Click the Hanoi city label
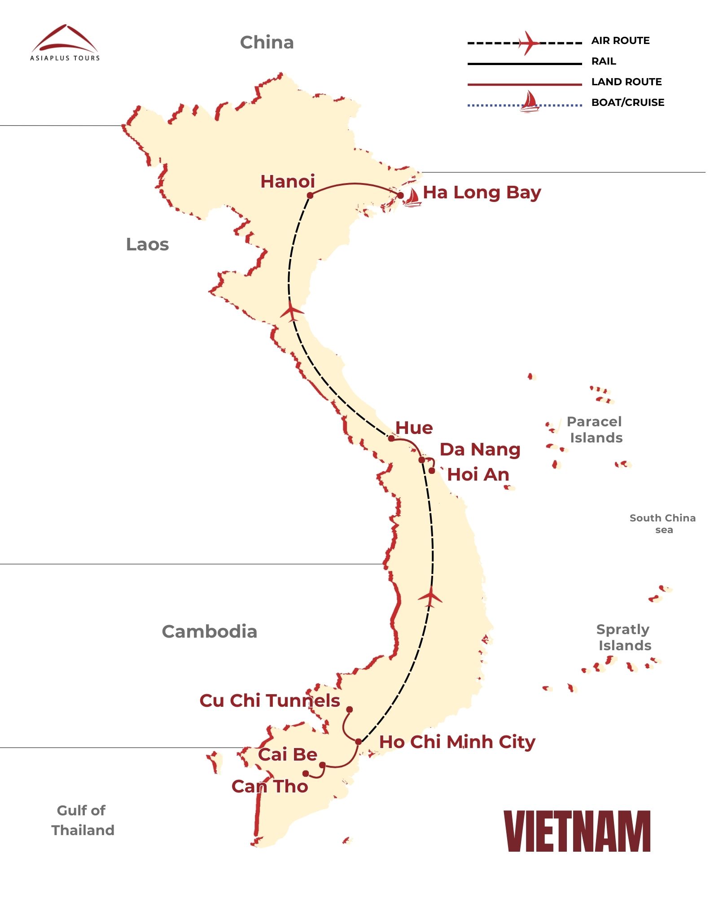click(288, 182)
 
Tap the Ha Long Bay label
click(482, 193)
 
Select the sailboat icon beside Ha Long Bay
click(412, 197)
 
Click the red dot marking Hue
click(391, 438)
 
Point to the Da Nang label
click(480, 449)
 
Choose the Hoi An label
click(478, 474)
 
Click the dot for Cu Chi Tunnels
click(349, 709)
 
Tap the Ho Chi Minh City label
click(457, 742)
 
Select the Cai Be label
click(288, 754)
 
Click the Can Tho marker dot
click(306, 774)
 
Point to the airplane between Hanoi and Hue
click(292, 311)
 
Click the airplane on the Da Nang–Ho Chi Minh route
click(430, 597)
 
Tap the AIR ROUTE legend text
click(620, 41)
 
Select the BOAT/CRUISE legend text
click(627, 102)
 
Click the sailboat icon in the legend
click(530, 101)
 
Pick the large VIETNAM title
click(577, 831)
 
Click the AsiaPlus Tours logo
click(65, 43)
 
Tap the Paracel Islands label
click(595, 429)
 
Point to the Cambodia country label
click(210, 631)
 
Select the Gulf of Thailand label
click(83, 820)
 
